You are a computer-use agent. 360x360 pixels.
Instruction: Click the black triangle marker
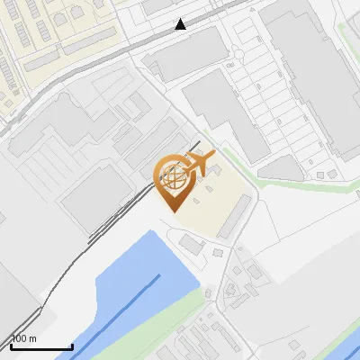181,23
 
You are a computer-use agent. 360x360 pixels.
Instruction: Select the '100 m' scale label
24,338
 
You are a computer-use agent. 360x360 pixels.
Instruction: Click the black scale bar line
41,346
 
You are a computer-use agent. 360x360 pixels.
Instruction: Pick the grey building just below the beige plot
192,244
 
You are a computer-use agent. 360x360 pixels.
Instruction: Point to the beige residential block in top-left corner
54,36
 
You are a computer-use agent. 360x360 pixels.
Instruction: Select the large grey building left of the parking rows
220,112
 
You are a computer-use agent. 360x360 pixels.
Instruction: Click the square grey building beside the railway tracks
94,193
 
